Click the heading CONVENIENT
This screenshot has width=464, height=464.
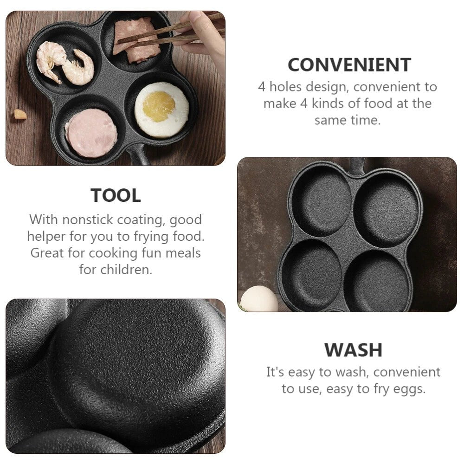point(349,65)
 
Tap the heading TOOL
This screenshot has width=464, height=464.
point(116,196)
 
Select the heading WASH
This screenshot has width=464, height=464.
point(353,350)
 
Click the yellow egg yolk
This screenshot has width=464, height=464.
point(159,106)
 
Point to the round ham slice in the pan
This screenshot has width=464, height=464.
point(91,133)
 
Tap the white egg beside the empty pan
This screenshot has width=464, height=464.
point(259,299)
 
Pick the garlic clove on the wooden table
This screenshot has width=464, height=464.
point(20,114)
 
